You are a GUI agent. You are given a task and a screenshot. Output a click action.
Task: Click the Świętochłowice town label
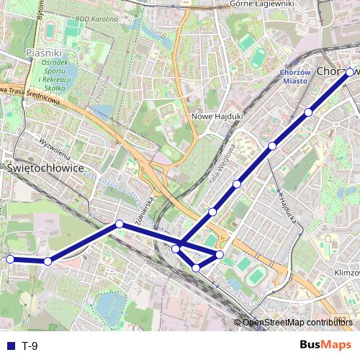pos(45,167)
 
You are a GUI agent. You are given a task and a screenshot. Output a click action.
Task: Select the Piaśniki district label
pos(44,53)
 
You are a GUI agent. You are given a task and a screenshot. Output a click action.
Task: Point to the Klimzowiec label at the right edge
pos(346,273)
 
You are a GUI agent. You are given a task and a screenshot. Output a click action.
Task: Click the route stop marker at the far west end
pos(10,259)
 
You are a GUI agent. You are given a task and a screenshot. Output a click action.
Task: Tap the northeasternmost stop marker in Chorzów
pos(350,73)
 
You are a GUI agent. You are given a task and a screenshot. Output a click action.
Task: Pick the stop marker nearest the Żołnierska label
pos(120,224)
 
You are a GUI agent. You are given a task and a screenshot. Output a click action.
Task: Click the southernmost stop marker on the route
pos(196,268)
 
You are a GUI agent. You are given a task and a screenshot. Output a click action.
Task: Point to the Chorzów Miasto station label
pos(294,76)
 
